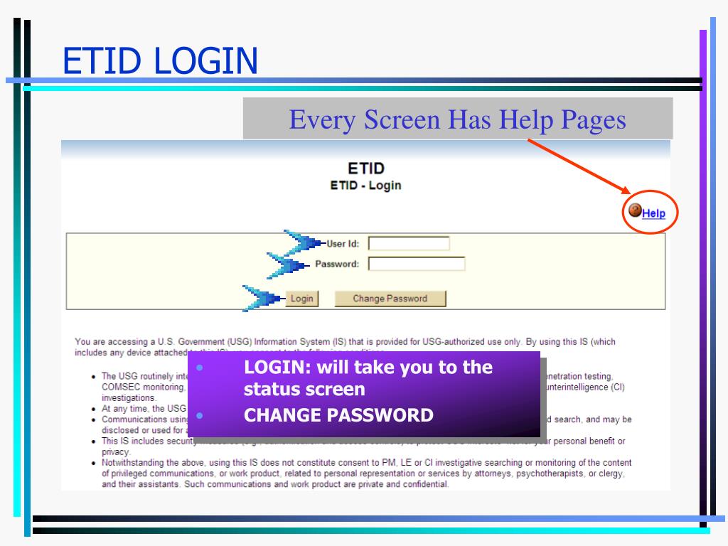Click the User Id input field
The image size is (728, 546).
tap(409, 244)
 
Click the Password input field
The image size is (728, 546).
tap(417, 264)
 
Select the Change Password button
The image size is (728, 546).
tap(390, 299)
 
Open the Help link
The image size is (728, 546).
tap(653, 213)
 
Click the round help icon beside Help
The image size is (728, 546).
tap(636, 211)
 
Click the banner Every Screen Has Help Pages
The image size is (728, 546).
tap(458, 119)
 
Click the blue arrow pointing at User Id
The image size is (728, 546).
tap(304, 242)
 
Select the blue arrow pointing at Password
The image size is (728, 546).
tap(287, 264)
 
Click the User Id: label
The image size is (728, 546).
tap(343, 244)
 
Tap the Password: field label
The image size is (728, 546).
tap(337, 264)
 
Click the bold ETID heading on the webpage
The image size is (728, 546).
tap(366, 168)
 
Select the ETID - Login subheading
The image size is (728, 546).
tap(365, 186)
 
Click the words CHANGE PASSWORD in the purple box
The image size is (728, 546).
tap(338, 415)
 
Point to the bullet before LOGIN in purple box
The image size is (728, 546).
tap(200, 368)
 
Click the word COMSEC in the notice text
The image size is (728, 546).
tap(119, 387)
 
